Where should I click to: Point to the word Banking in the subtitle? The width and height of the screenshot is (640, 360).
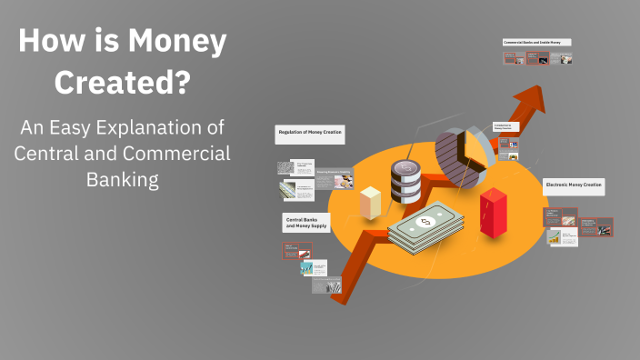(122, 179)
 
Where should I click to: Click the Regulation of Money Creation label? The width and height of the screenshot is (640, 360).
(308, 133)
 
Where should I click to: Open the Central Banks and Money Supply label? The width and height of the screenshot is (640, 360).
(305, 223)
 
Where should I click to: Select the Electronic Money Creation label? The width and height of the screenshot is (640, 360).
(573, 185)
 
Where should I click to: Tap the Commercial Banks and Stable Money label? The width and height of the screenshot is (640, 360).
(536, 42)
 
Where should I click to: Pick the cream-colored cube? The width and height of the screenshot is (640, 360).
(370, 202)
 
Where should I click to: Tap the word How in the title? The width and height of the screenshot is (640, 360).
(45, 42)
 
